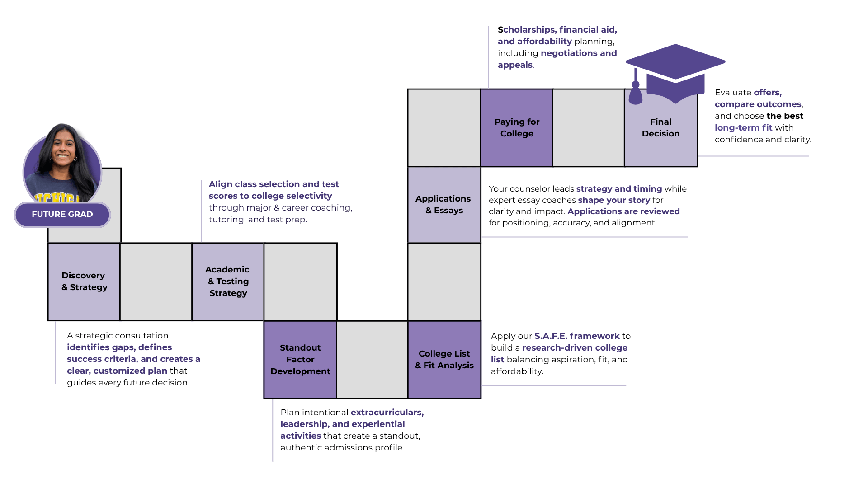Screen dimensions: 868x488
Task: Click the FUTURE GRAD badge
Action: coord(62,214)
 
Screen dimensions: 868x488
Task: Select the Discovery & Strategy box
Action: coord(84,282)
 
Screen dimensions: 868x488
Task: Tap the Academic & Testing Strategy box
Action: coord(228,282)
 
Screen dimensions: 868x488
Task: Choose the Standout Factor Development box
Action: coord(300,360)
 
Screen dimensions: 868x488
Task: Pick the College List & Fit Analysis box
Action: coord(444,360)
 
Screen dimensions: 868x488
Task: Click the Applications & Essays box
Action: coord(444,205)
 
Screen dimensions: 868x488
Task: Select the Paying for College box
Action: coord(517,128)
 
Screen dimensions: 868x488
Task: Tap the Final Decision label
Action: coord(661,128)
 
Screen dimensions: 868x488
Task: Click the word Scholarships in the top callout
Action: coord(527,30)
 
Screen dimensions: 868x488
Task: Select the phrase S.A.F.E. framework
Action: coord(577,336)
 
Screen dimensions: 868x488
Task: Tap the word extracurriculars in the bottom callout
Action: coord(387,413)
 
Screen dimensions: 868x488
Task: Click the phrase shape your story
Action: coord(614,200)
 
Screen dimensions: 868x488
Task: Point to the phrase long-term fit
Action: coord(743,128)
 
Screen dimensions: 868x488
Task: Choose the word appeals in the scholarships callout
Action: coord(515,65)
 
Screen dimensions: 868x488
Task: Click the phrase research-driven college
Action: coord(575,348)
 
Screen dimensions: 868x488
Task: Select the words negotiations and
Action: coord(579,53)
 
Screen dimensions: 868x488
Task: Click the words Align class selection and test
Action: coord(274,184)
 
